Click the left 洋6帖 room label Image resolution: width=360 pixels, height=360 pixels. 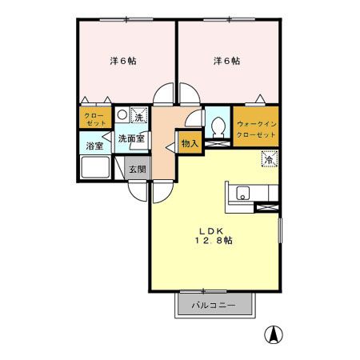coord(122,61)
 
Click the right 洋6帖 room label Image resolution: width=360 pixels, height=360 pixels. coord(226,61)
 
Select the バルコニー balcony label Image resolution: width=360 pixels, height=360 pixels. coord(214,306)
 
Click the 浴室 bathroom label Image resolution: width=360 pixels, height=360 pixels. coord(95,146)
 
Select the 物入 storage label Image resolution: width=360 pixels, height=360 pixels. coord(189,144)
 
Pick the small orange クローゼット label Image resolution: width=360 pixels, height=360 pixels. coord(95,119)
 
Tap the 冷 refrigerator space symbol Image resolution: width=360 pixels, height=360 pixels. coord(270,158)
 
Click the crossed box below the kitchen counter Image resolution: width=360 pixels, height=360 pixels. coord(265,208)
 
